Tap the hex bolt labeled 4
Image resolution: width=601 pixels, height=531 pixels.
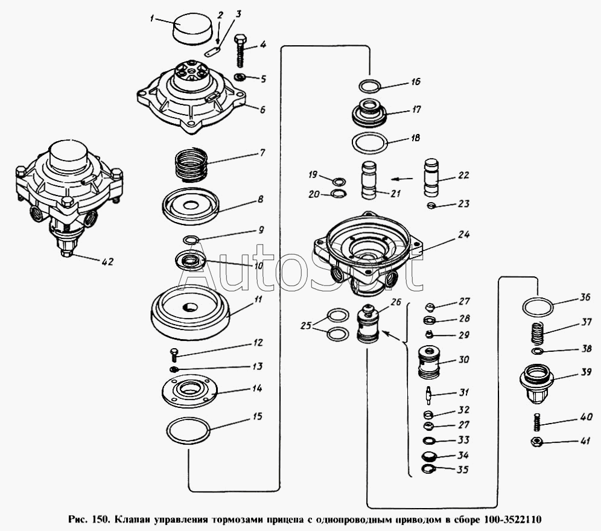point(240,50)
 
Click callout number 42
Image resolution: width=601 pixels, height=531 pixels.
point(108,262)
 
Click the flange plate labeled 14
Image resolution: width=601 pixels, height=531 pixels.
point(189,390)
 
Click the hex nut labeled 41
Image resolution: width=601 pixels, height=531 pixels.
point(536,442)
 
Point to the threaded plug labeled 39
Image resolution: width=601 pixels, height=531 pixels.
point(536,383)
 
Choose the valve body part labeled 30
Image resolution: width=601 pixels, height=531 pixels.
point(429,362)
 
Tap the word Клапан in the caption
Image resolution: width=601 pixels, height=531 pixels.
point(132,520)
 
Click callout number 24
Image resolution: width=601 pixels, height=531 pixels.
point(463,234)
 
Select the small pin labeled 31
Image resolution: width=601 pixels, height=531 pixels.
point(429,395)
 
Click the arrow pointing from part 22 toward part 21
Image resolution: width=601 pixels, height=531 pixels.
point(402,179)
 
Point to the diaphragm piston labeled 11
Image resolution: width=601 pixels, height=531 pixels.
point(191,312)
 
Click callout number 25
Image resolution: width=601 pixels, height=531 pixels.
point(306,326)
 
